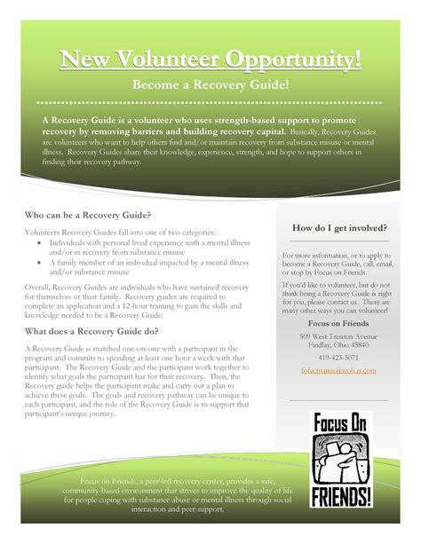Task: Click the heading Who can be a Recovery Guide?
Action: tap(88, 216)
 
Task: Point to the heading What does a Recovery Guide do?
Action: tap(92, 331)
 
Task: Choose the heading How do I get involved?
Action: tap(338, 229)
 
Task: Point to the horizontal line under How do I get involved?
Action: tap(338, 241)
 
